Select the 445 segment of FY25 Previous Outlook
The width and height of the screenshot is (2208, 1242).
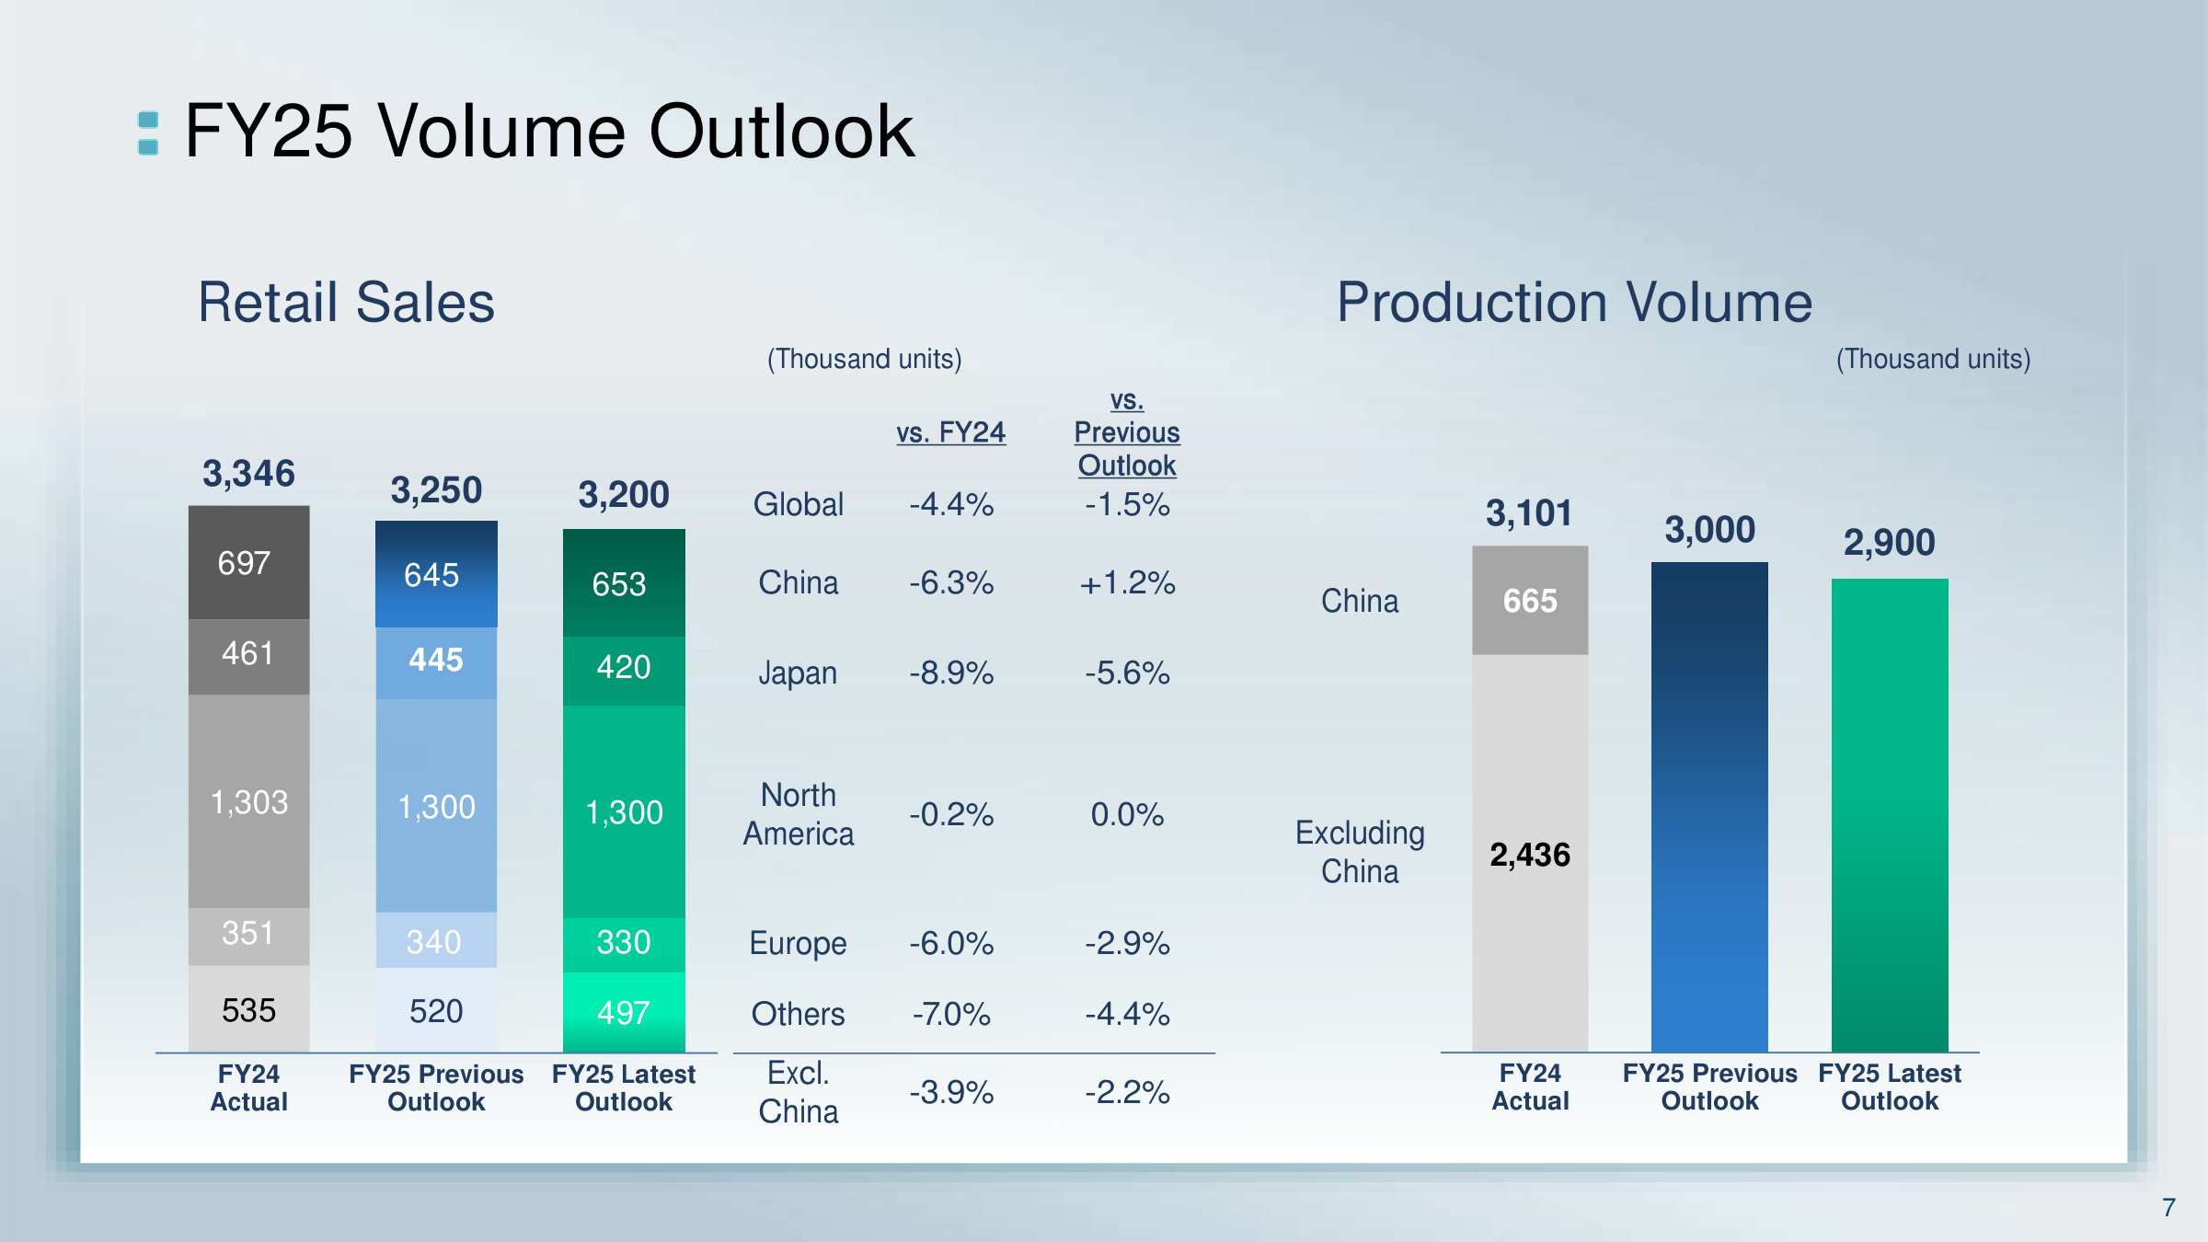pyautogui.click(x=436, y=661)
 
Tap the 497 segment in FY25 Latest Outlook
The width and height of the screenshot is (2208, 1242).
pyautogui.click(x=624, y=1013)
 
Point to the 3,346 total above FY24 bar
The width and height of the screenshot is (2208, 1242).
pyautogui.click(x=248, y=474)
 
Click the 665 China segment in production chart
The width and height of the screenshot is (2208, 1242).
pyautogui.click(x=1530, y=601)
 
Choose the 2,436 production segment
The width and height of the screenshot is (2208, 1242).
pyautogui.click(x=1530, y=855)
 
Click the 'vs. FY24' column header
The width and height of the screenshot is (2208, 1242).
pyautogui.click(x=951, y=432)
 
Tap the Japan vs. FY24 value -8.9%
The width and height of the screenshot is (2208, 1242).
pyautogui.click(x=951, y=673)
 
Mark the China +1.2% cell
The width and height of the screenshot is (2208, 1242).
pyautogui.click(x=1127, y=583)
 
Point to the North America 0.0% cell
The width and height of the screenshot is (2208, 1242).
pyautogui.click(x=1127, y=814)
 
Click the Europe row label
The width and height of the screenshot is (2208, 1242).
pyautogui.click(x=798, y=944)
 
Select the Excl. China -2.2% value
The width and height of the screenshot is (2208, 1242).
pyautogui.click(x=1127, y=1092)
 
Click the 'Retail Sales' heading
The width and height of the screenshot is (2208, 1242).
pyautogui.click(x=347, y=303)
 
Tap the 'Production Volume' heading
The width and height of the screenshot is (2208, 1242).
pyautogui.click(x=1574, y=303)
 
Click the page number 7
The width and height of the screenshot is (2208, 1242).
pyautogui.click(x=2168, y=1207)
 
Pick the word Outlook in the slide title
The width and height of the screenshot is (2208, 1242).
pyautogui.click(x=782, y=132)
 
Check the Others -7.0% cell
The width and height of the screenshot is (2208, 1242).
pyautogui.click(x=951, y=1014)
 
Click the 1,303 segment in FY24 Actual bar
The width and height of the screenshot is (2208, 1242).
pyautogui.click(x=249, y=802)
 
